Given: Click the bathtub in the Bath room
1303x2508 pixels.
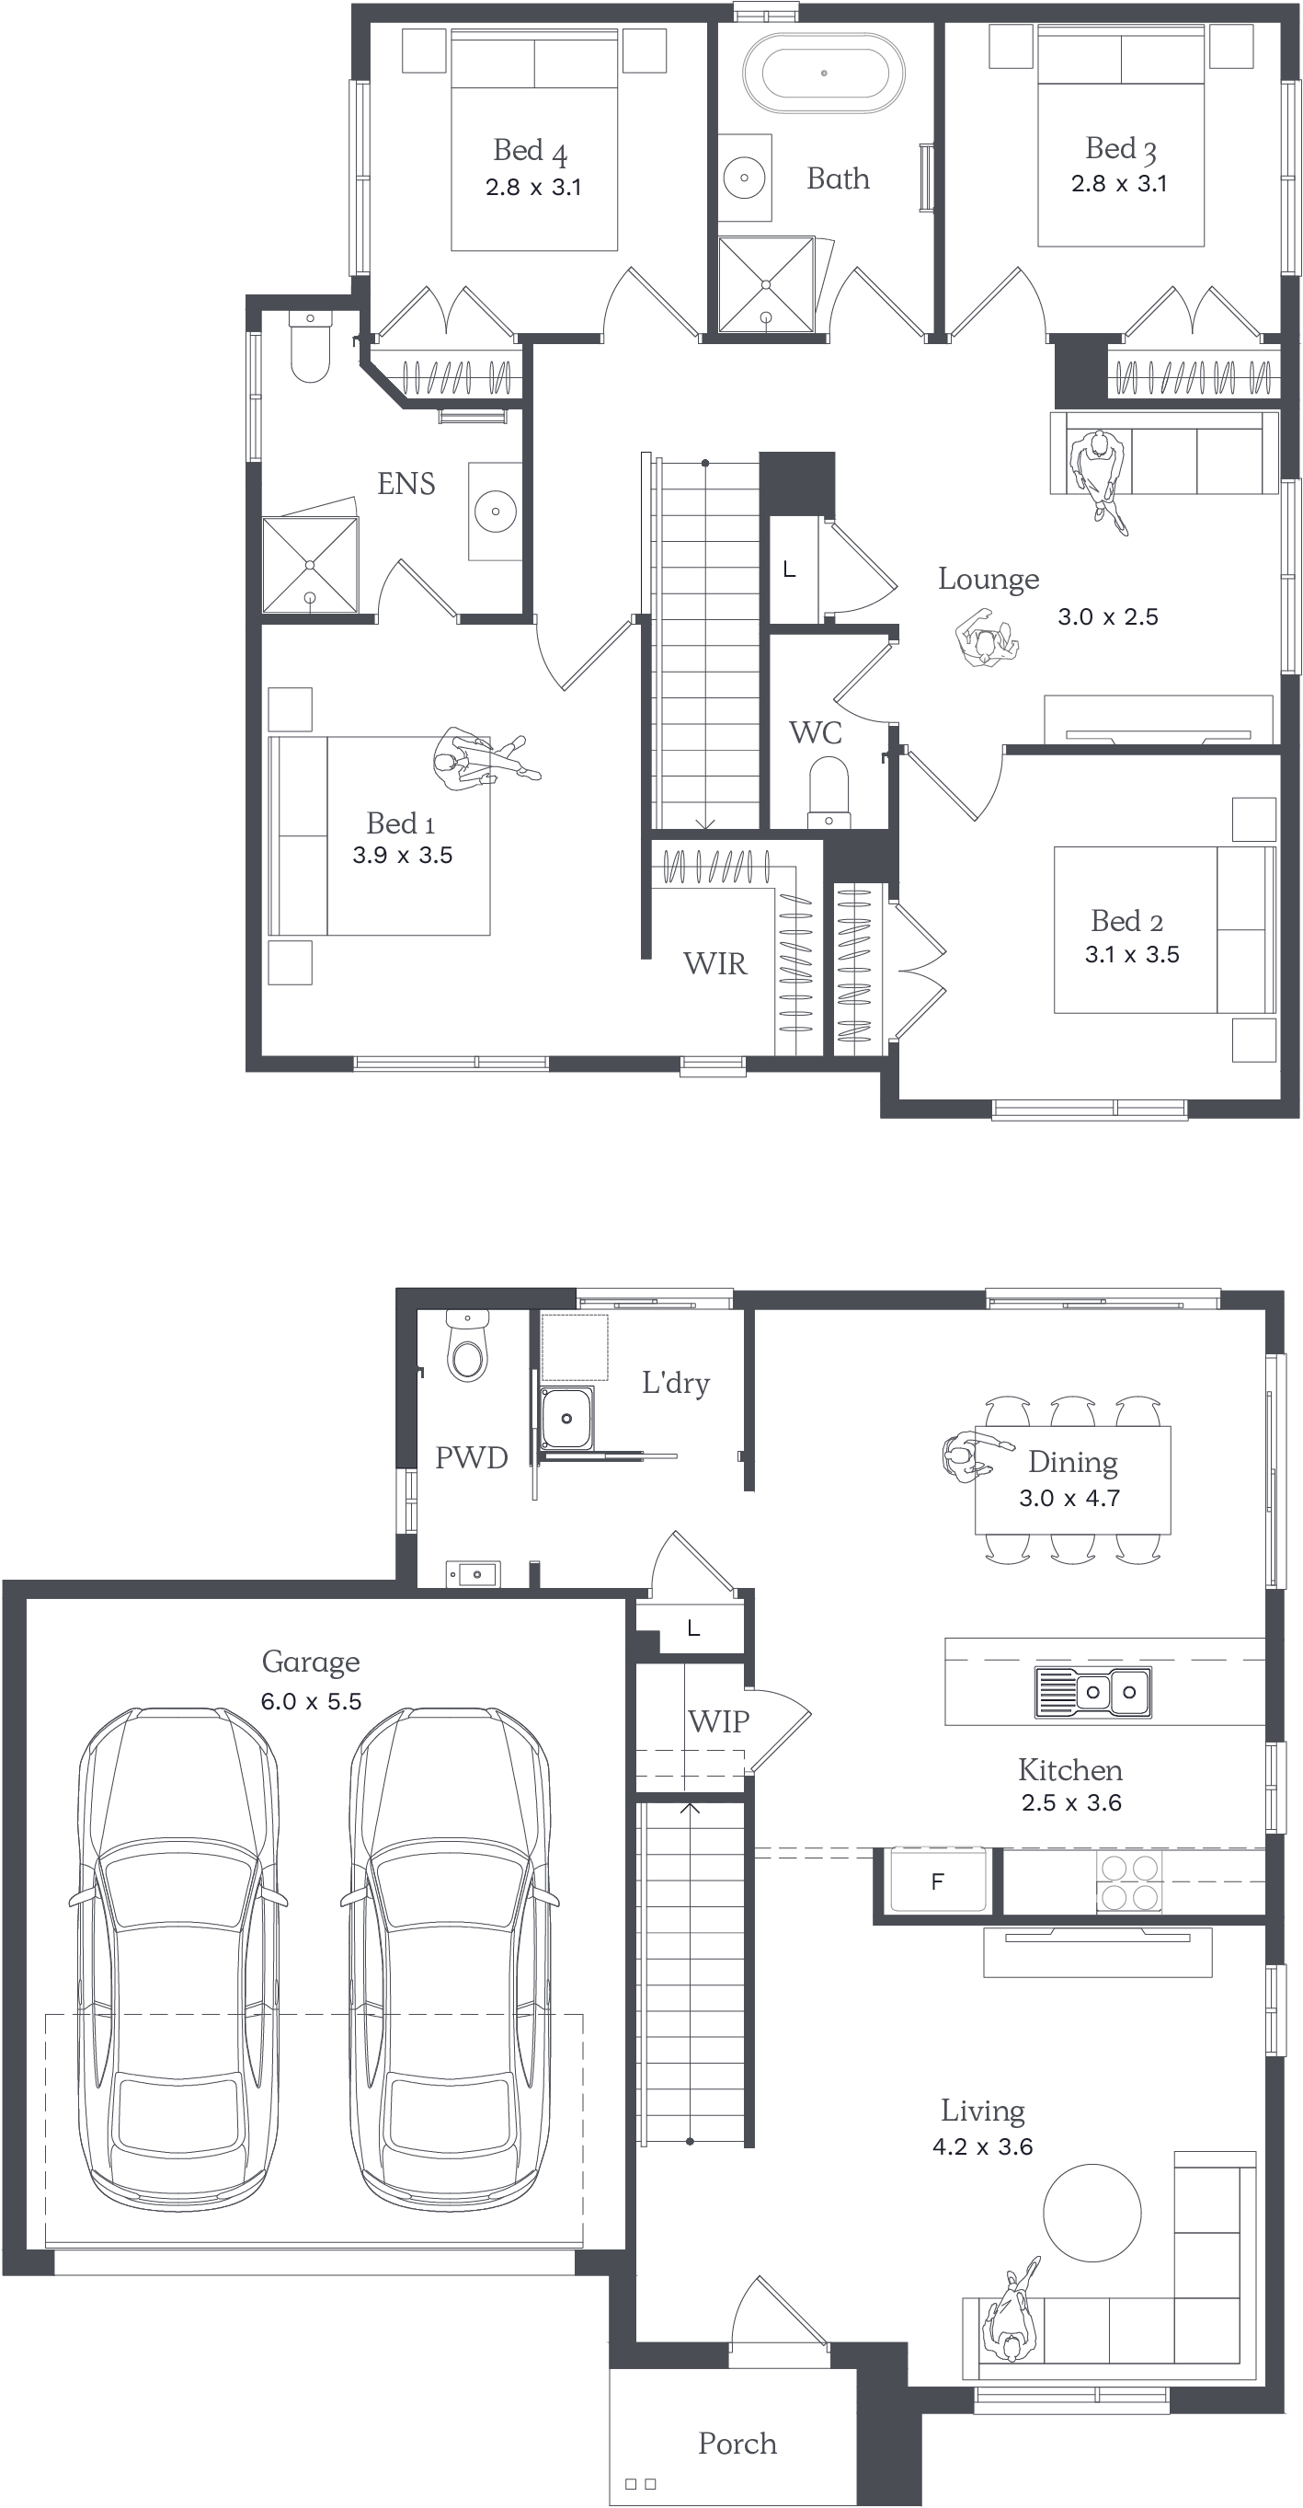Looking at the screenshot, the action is tap(823, 73).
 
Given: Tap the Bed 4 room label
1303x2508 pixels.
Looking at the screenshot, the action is tap(531, 151).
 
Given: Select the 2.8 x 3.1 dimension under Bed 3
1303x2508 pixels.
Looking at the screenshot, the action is tap(1119, 183).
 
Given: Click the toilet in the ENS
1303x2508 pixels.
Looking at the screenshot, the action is tap(311, 347).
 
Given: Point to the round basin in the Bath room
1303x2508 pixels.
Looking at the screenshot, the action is tap(745, 178).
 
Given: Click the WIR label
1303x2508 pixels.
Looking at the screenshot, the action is tap(715, 963).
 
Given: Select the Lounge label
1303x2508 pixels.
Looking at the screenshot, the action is tap(989, 580).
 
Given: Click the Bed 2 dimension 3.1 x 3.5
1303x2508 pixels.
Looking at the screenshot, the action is tap(1132, 954).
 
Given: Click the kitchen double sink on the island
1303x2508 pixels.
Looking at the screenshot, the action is tap(1092, 1692).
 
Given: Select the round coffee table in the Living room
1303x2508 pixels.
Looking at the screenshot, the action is tap(1092, 2212).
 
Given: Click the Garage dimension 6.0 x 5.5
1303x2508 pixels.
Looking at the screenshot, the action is tap(311, 1701).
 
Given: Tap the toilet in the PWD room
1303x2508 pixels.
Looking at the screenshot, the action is tap(468, 1347).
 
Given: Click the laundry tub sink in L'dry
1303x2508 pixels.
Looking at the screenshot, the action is tap(566, 1418).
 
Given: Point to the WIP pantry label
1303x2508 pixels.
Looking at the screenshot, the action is tap(718, 1721).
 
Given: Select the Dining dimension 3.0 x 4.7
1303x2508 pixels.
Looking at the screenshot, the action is tap(1069, 1498).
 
